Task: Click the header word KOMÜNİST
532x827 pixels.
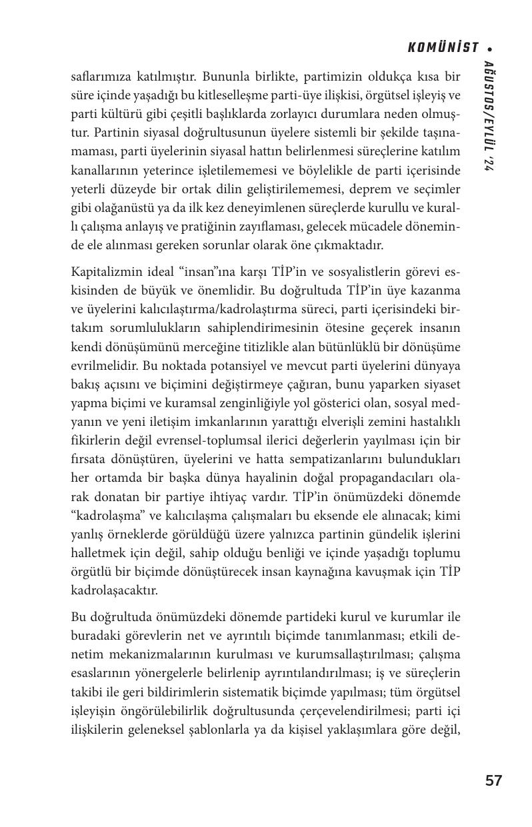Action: [x=443, y=47]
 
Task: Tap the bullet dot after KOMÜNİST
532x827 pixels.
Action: [x=490, y=48]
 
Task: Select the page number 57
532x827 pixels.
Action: [x=493, y=780]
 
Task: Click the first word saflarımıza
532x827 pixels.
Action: [x=99, y=77]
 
